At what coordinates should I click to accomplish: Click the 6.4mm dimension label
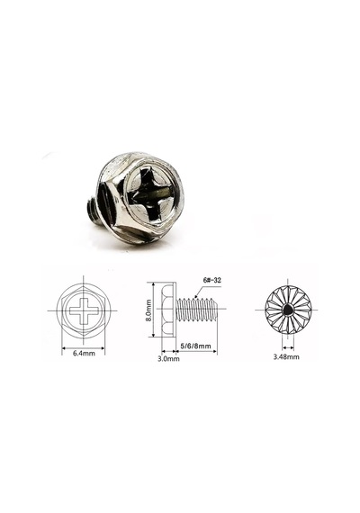click(x=84, y=354)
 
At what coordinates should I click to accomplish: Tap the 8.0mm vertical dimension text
click(x=148, y=310)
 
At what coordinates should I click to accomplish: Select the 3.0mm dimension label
click(x=168, y=358)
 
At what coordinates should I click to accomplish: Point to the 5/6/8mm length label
click(x=195, y=346)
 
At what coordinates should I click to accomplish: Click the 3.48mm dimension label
click(x=286, y=356)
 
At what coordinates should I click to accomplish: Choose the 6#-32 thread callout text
click(x=212, y=281)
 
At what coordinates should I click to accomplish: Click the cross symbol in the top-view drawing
click(x=84, y=310)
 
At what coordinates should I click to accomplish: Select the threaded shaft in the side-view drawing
click(x=197, y=310)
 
